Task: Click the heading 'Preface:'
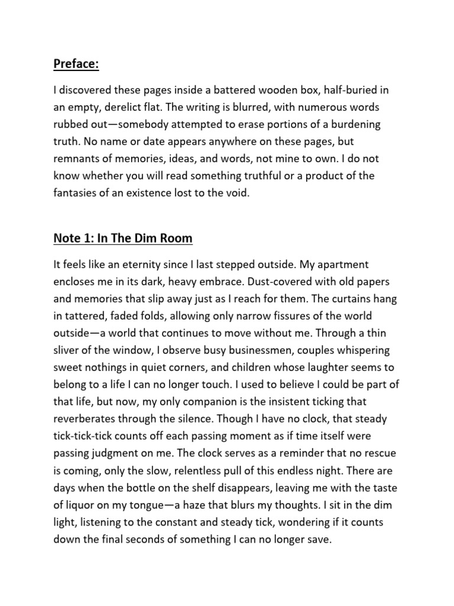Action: pyautogui.click(x=76, y=64)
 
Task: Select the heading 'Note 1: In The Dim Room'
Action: pyautogui.click(x=123, y=238)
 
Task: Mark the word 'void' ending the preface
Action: pyautogui.click(x=237, y=194)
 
